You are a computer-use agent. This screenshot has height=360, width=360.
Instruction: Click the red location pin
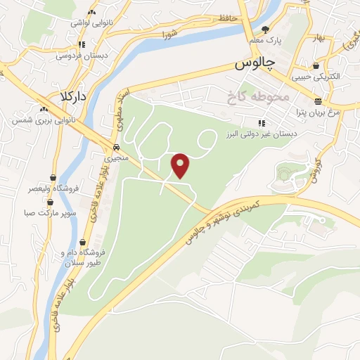tap(181, 165)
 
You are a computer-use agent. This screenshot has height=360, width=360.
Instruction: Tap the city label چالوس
tap(252, 64)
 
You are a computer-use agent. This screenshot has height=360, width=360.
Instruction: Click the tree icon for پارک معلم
tap(265, 30)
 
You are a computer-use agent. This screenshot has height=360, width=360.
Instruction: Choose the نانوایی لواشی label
tap(89, 22)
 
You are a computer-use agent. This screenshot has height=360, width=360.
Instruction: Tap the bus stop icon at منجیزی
tap(113, 148)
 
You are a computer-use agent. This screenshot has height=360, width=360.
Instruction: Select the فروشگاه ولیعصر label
tap(30, 189)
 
